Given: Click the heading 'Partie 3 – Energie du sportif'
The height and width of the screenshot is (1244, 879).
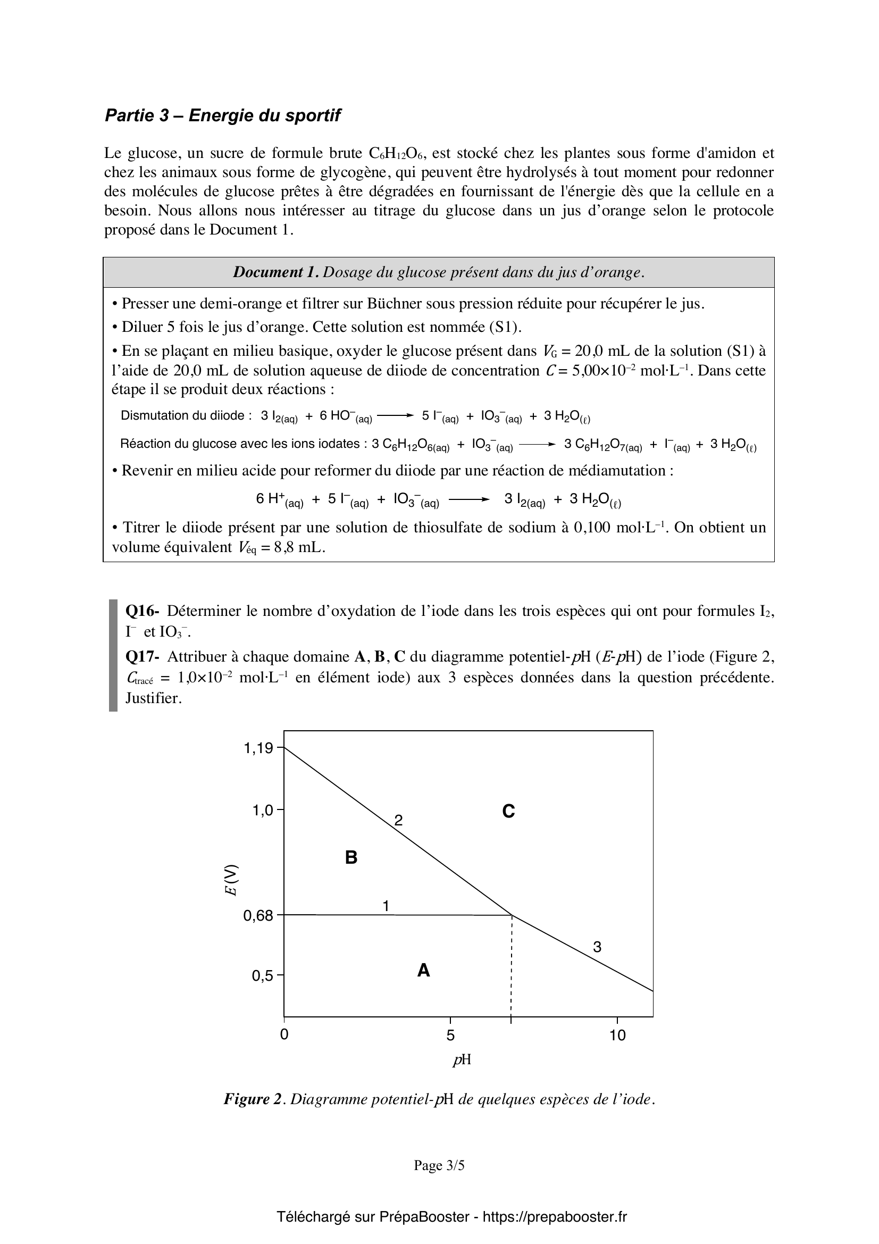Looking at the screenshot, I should tap(223, 115).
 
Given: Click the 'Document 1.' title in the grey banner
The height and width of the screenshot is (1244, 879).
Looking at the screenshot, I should tap(275, 272).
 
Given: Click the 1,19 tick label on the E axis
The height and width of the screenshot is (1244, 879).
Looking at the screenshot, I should tap(258, 748).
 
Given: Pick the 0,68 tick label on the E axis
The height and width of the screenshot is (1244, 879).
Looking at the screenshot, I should tap(258, 916).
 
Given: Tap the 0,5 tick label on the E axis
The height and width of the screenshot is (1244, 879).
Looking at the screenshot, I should tap(263, 976).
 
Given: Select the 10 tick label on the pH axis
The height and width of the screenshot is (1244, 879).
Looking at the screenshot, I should tap(617, 1036).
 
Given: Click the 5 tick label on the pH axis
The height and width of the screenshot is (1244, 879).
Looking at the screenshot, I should tap(450, 1036).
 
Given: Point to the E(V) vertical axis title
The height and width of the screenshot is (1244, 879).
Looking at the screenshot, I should tap(231, 880).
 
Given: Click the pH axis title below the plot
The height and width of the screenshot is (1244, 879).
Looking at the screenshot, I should tap(462, 1059).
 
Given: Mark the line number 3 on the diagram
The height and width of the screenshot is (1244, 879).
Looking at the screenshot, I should tap(597, 947).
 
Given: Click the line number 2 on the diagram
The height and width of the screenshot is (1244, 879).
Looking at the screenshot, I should tap(398, 820).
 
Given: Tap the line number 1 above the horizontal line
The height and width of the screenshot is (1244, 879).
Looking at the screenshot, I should tap(386, 906).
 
